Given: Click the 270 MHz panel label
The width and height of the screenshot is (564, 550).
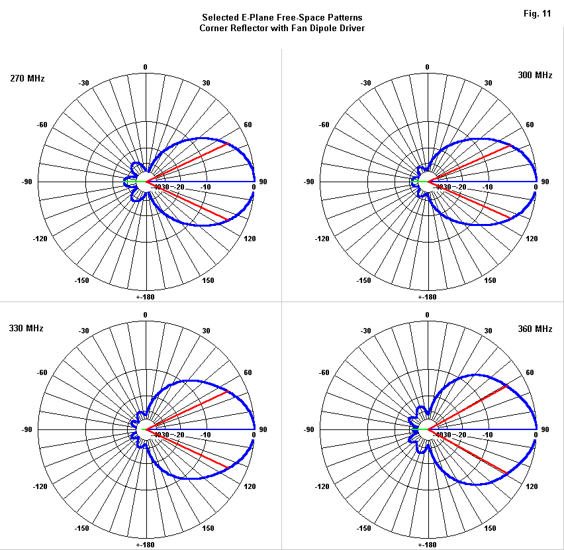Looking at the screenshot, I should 27,79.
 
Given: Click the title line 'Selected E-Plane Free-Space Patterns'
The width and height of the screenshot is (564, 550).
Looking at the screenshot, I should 282,18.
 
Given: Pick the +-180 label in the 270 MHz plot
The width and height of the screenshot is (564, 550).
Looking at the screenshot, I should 145,297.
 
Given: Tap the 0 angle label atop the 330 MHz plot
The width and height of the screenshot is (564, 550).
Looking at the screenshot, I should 145,315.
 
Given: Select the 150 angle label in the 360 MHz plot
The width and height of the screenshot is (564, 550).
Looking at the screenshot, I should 491,529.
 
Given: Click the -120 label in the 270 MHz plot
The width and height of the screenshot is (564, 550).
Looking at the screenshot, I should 42,238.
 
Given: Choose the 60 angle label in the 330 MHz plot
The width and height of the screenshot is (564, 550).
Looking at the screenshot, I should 248,373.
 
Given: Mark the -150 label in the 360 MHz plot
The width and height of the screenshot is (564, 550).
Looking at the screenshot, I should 364,529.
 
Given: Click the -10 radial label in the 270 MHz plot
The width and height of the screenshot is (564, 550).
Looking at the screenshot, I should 205,187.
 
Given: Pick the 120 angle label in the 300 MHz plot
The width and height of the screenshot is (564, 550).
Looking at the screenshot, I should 532,238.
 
